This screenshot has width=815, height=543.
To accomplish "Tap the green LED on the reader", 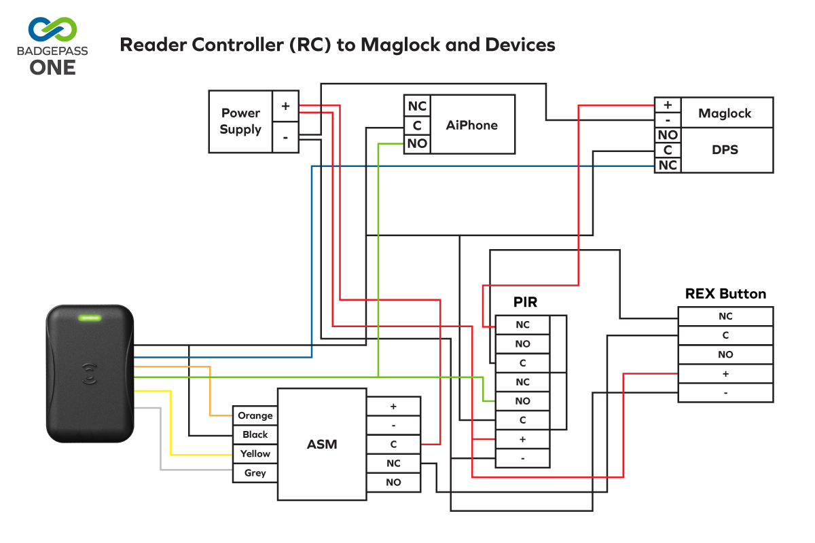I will [x=90, y=317].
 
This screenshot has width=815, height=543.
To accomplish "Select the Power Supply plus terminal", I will [x=285, y=107].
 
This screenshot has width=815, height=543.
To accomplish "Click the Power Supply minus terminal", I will [x=285, y=137].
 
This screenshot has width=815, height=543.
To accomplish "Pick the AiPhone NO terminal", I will [x=417, y=143].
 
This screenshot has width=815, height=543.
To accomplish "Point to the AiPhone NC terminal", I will [x=417, y=107].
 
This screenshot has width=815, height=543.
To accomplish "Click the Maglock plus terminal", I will [x=668, y=105].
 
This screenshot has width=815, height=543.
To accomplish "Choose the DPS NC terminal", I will [x=668, y=165].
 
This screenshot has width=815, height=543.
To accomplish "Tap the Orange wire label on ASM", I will [x=255, y=415].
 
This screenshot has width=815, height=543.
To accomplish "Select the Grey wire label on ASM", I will [x=255, y=473].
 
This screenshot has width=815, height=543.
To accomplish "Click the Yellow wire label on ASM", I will [x=255, y=453].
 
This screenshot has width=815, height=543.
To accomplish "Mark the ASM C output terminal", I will [x=393, y=445].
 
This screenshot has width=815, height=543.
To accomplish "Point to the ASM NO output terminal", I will [x=393, y=483].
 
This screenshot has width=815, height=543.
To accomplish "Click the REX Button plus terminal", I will [x=725, y=373].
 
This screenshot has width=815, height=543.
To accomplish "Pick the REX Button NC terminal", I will [x=725, y=316].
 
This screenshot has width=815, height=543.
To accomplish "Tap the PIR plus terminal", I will [x=522, y=439].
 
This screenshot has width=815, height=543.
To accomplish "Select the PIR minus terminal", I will [x=522, y=458].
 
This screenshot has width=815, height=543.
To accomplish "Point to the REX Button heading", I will [x=725, y=294].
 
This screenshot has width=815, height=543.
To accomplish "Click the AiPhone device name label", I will [x=472, y=125].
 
